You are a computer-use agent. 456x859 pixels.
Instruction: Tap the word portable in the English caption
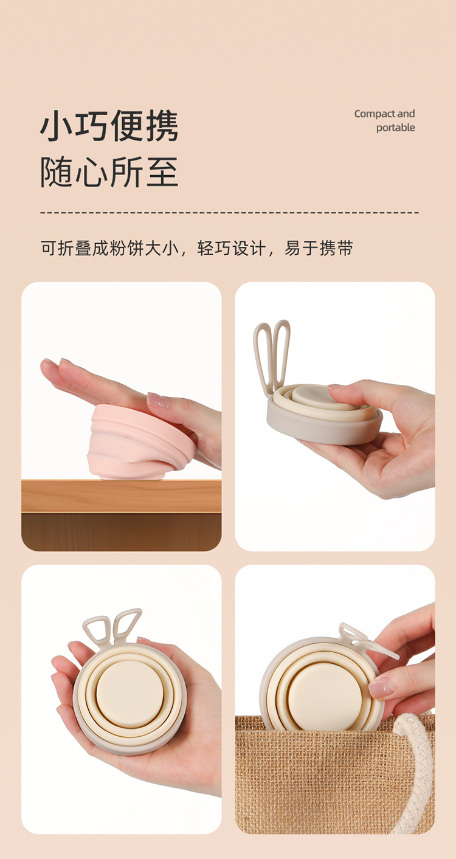coord(395,128)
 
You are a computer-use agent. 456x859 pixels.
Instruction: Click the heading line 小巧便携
coord(109,126)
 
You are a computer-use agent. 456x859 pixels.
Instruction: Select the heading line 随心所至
coord(109,172)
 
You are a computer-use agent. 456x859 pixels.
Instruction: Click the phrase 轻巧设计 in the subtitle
coord(231,248)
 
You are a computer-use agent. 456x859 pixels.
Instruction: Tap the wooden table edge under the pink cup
coord(122,495)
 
